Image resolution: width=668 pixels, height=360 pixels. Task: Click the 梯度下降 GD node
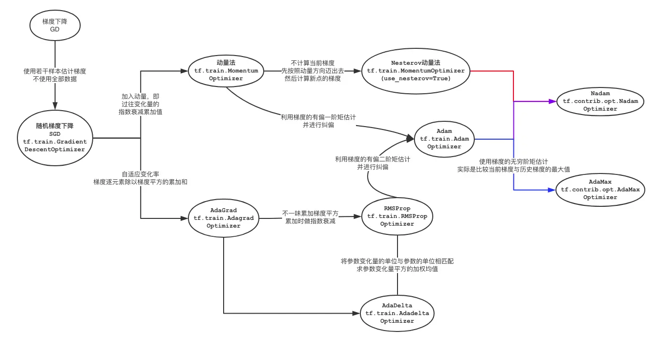pyautogui.click(x=55, y=26)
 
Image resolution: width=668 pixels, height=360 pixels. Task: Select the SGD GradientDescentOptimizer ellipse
pyautogui.click(x=55, y=138)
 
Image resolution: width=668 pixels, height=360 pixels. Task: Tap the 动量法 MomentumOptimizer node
pyautogui.click(x=226, y=71)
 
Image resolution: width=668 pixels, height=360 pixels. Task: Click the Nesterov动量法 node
pyautogui.click(x=415, y=71)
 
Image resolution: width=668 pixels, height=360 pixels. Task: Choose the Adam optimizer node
pyautogui.click(x=444, y=139)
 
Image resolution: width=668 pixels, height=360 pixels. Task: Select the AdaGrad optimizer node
pyautogui.click(x=223, y=218)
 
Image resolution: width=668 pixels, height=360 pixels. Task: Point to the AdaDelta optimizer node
pyautogui.click(x=397, y=313)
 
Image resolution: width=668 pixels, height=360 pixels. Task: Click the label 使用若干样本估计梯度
pyautogui.click(x=55, y=71)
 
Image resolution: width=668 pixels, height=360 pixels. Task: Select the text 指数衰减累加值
pyautogui.click(x=140, y=112)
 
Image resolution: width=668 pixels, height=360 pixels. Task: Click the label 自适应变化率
pyautogui.click(x=140, y=174)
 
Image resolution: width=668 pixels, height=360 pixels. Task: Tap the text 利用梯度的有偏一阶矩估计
pyautogui.click(x=318, y=117)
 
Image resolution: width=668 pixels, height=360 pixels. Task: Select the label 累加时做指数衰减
pyautogui.click(x=311, y=221)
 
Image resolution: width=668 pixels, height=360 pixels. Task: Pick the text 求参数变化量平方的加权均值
pyautogui.click(x=397, y=269)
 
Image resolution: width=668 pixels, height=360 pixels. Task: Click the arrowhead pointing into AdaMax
pyautogui.click(x=551, y=190)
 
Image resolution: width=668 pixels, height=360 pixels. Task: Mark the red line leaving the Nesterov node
pyautogui.click(x=493, y=71)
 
